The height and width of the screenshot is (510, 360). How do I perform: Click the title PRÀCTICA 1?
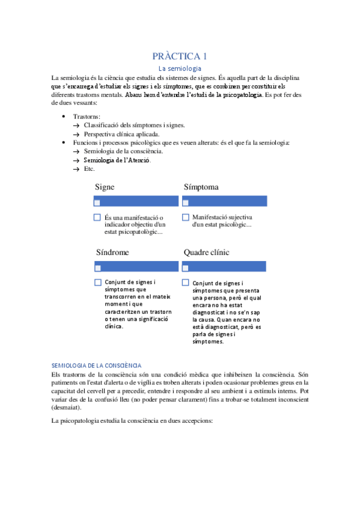(x=180, y=57)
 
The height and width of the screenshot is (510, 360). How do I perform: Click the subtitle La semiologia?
(x=180, y=69)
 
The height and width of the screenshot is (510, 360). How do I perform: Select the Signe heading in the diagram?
(x=105, y=187)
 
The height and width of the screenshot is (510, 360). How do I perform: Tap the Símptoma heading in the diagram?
(x=201, y=187)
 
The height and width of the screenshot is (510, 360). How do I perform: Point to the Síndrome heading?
(x=112, y=253)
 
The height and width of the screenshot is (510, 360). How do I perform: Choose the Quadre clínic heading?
(x=206, y=253)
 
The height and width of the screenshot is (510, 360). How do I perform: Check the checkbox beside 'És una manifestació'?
(x=97, y=217)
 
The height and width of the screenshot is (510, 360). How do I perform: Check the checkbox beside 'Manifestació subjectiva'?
(x=185, y=217)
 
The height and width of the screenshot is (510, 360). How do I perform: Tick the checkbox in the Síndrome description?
(x=97, y=282)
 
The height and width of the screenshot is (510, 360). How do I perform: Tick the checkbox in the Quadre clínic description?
(x=185, y=282)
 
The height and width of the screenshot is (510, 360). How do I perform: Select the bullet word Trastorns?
(x=87, y=116)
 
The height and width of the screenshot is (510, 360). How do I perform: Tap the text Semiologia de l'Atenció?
(x=118, y=161)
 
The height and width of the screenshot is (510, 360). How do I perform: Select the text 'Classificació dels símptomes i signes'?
(x=134, y=125)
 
